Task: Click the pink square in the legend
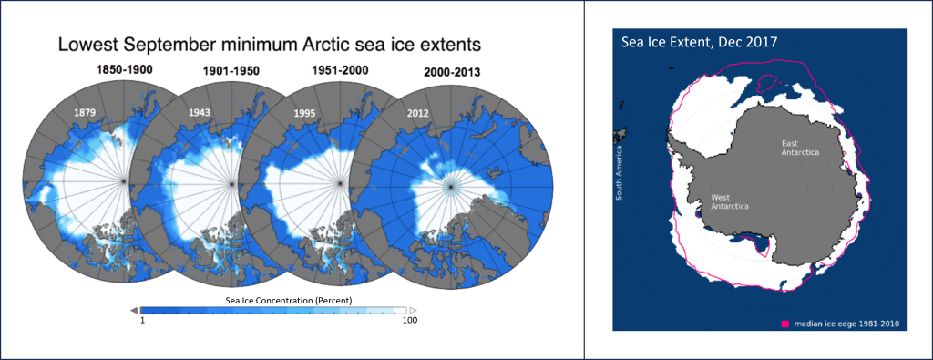(784, 322)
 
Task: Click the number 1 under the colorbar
(143, 321)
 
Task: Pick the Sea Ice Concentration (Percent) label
(275, 300)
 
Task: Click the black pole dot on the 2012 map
(448, 187)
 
